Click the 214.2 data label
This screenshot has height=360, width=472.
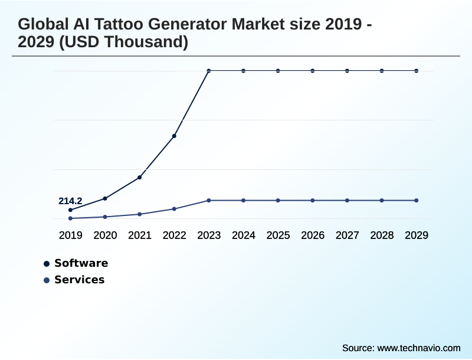[x=70, y=201]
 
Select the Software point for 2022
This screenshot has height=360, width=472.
[x=174, y=136]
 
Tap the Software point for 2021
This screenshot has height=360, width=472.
[x=140, y=177]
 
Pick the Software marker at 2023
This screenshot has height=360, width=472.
[x=209, y=71]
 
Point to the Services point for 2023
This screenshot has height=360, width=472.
[x=209, y=201]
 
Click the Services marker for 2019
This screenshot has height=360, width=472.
[x=70, y=218]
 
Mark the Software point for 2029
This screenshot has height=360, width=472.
[x=417, y=71]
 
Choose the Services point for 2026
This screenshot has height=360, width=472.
[x=313, y=201]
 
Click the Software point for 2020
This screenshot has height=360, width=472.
[x=105, y=198]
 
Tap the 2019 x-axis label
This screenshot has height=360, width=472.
[x=70, y=235]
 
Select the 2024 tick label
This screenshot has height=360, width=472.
[x=243, y=235]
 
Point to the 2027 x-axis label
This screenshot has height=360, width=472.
[x=347, y=235]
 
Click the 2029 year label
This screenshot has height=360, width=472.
[x=417, y=235]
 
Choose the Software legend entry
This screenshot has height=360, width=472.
[x=81, y=263]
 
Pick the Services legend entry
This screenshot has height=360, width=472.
[x=79, y=280]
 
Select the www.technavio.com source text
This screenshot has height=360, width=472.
[x=418, y=348]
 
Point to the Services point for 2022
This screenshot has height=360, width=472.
[x=174, y=209]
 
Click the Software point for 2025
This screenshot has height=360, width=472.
[x=278, y=71]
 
